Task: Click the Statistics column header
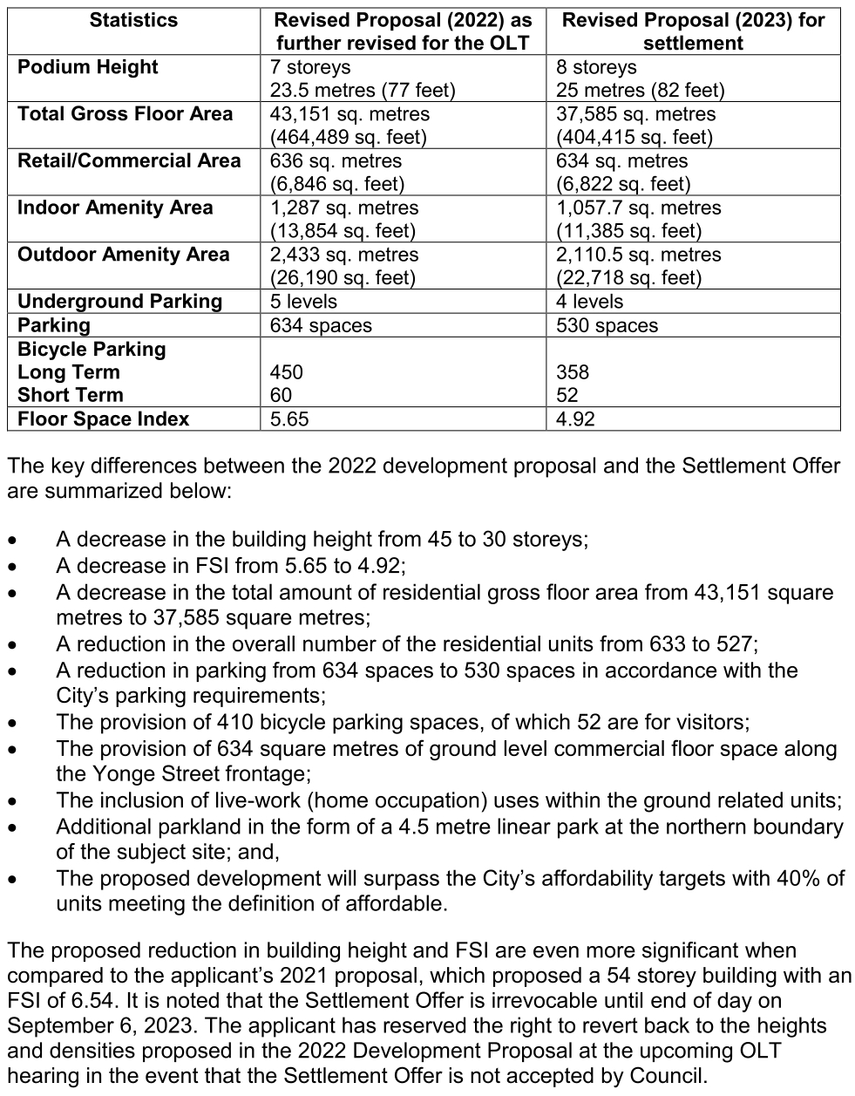pos(133,20)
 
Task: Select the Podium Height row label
pos(88,67)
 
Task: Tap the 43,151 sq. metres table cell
pos(349,114)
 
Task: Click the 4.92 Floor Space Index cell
pos(575,419)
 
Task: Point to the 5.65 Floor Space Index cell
pos(289,419)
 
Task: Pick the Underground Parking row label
pos(120,302)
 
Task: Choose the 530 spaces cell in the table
pos(607,325)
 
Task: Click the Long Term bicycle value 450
pos(287,372)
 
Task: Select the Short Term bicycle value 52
pos(567,396)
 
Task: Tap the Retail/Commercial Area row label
pos(129,160)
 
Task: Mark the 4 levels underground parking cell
pos(589,302)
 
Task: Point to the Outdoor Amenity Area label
pos(124,255)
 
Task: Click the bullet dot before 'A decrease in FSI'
pos(11,567)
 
